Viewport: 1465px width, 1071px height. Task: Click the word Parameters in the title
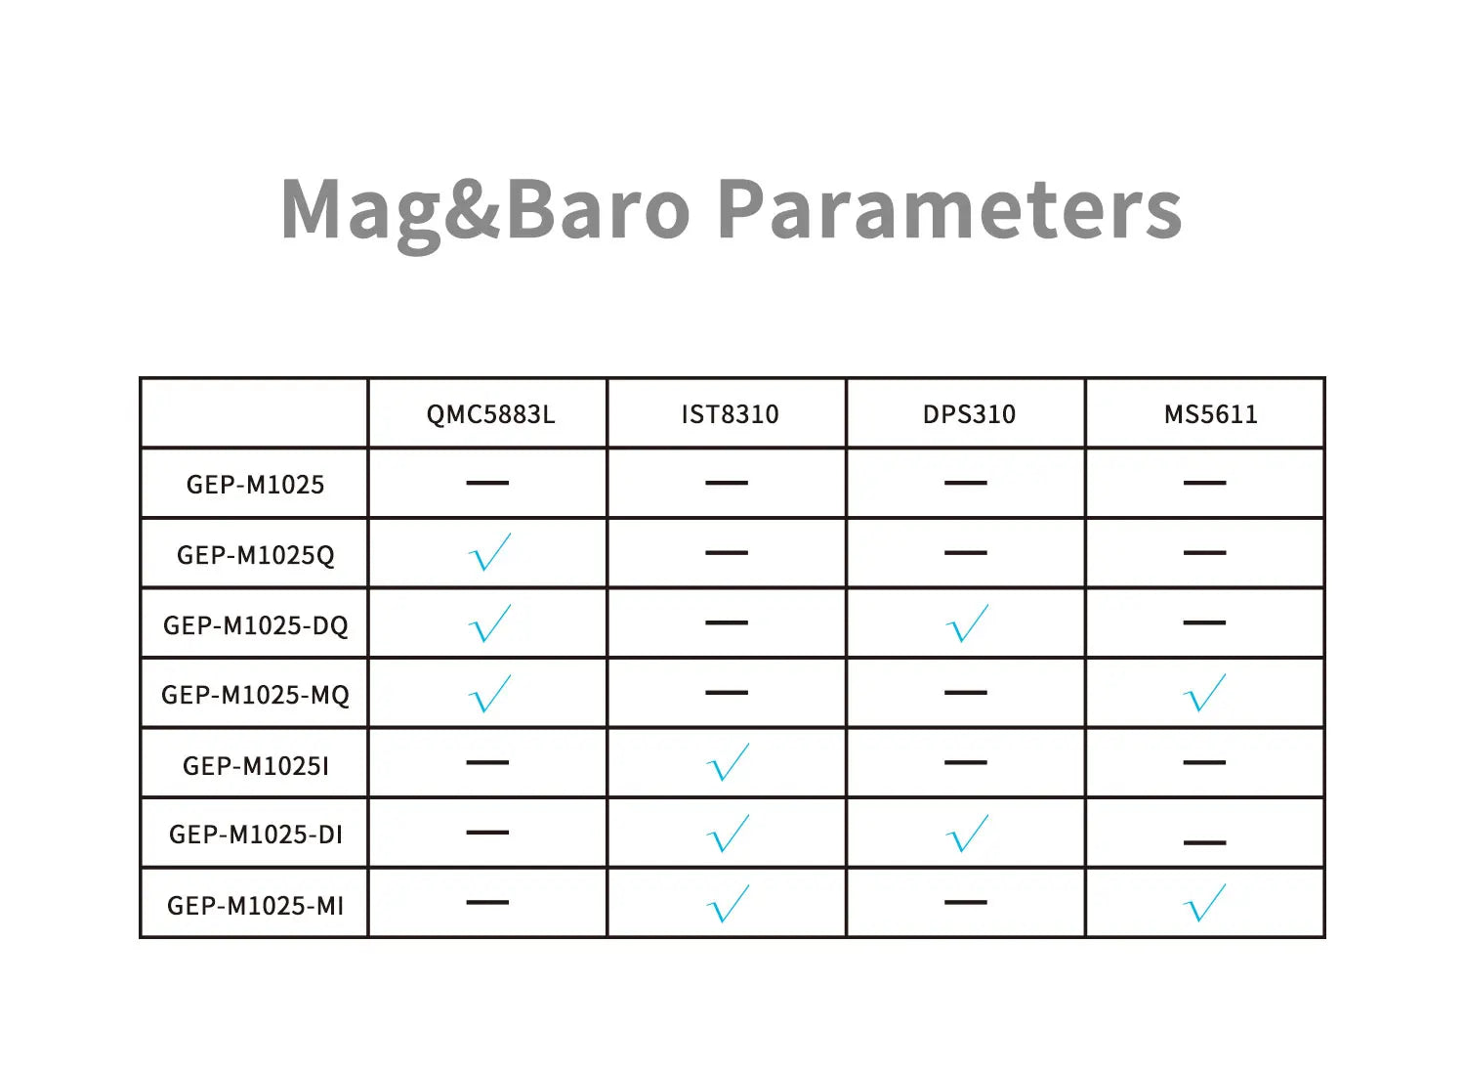949,209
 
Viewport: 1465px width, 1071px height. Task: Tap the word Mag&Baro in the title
485,209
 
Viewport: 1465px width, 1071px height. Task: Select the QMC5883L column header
490,414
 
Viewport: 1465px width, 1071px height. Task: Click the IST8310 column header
730,414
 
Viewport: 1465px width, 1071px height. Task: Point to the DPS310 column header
969,414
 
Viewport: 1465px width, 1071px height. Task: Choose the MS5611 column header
1210,414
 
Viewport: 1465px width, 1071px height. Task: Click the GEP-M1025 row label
255,485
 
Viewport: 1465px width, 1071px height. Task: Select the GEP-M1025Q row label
255,555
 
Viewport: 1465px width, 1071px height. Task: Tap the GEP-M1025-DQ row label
255,625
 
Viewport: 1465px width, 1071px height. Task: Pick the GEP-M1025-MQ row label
255,695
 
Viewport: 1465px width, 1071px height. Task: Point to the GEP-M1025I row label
255,765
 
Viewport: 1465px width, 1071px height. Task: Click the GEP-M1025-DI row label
255,835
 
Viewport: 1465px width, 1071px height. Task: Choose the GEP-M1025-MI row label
255,906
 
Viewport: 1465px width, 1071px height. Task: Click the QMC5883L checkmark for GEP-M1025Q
489,553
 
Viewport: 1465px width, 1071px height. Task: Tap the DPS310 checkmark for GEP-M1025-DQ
968,623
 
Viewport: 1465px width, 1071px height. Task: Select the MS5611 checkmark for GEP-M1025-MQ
1204,694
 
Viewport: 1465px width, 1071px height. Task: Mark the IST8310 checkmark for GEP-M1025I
728,763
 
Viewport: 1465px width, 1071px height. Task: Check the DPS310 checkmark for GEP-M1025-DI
968,834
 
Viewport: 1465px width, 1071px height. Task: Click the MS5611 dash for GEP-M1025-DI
1204,841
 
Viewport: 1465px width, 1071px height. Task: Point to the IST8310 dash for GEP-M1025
727,483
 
